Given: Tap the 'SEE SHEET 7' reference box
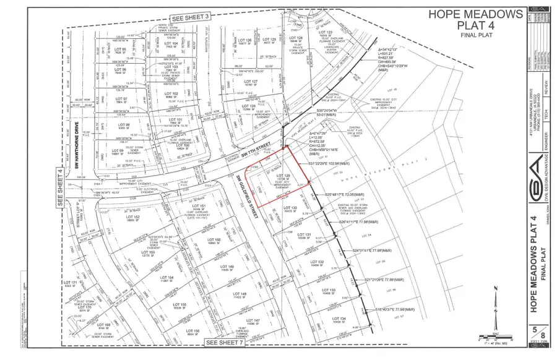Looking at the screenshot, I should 225,341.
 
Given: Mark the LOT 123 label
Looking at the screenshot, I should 326,32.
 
